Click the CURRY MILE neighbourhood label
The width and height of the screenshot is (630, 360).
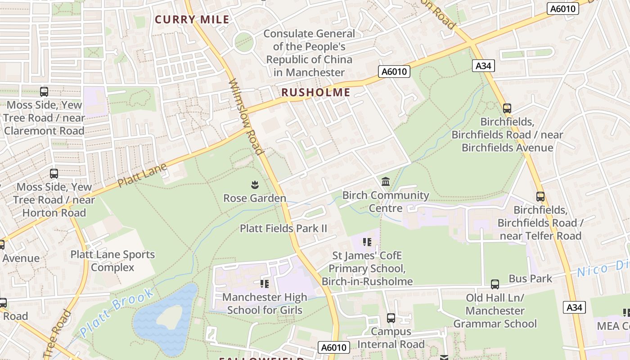[x=192, y=19]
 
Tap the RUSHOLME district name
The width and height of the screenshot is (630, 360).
[x=315, y=92]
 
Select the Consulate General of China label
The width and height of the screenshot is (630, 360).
[x=309, y=53]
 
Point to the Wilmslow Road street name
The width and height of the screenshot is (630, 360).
[x=246, y=117]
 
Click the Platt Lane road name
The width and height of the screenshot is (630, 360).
[x=142, y=175]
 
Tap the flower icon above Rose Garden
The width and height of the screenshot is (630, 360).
[x=255, y=184]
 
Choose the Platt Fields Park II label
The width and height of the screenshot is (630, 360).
[x=283, y=228]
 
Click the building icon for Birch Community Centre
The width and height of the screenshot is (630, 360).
[x=386, y=182]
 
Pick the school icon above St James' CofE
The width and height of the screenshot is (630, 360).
[x=367, y=242]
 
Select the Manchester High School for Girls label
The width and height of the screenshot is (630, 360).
[x=265, y=304]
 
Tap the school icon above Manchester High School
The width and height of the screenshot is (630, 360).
[x=265, y=283]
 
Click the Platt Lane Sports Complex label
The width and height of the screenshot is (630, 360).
[x=112, y=261]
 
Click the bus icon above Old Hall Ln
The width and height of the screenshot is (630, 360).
[x=495, y=284]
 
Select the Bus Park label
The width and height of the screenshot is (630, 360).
[x=530, y=279]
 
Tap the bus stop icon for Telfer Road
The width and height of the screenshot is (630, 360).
[x=540, y=197]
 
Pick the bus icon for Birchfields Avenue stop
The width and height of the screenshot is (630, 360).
[x=507, y=108]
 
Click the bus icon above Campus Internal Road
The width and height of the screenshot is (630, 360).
[x=391, y=318]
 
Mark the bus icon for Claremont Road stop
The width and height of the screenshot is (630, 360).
[x=44, y=92]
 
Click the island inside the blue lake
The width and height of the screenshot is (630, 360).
[x=169, y=316]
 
